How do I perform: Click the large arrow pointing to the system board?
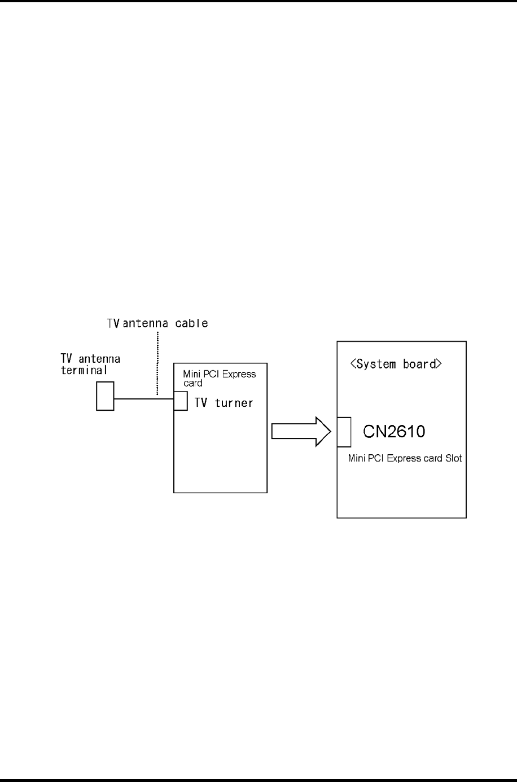click(x=301, y=432)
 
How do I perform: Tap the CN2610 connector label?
click(x=394, y=432)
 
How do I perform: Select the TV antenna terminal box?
click(x=105, y=396)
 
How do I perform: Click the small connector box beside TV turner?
click(x=181, y=401)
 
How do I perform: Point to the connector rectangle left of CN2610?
click(x=344, y=432)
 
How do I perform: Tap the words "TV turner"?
click(x=224, y=403)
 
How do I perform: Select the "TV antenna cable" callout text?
click(x=157, y=323)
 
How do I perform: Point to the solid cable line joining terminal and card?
click(x=143, y=399)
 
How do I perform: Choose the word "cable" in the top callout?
click(x=194, y=323)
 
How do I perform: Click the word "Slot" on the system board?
click(x=453, y=458)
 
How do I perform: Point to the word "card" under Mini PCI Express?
click(x=192, y=383)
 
